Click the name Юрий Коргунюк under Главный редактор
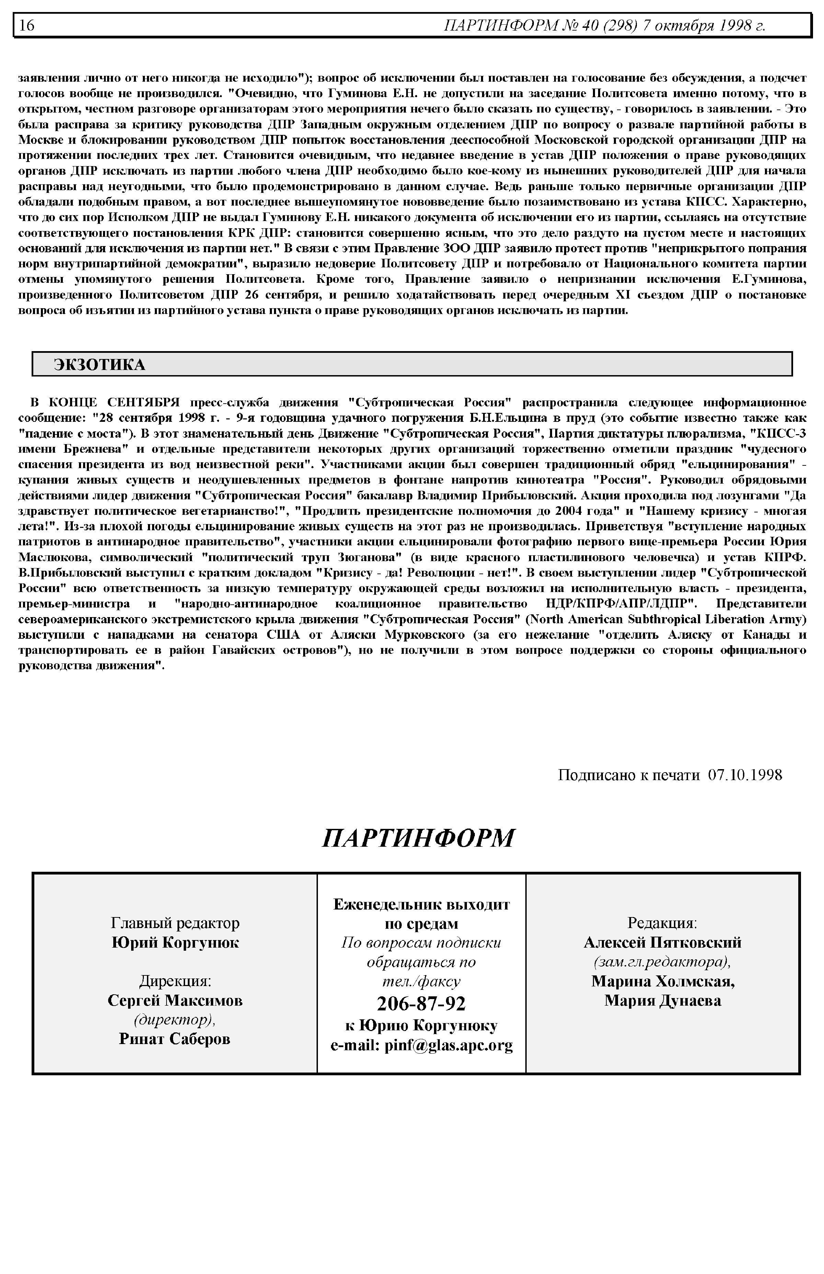coord(175,942)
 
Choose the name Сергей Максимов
coord(175,1000)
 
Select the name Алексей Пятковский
coord(662,942)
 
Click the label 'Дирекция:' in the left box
coord(175,981)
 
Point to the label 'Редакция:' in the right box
coord(662,923)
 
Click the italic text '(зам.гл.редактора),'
coord(662,962)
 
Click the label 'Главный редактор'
coord(175,923)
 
